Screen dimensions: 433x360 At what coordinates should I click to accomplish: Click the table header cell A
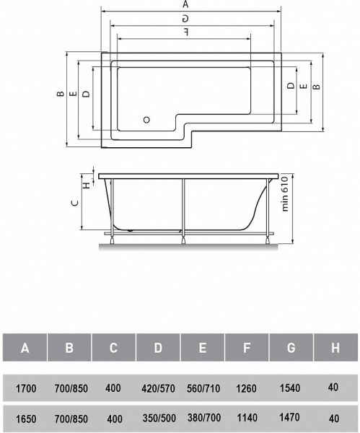pos(25,349)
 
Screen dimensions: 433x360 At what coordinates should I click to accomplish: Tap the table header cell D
pos(158,349)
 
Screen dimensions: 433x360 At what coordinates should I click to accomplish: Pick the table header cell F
pos(247,349)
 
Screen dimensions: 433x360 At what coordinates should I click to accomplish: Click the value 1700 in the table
pos(25,388)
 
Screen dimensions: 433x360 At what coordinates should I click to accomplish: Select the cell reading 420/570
pos(158,388)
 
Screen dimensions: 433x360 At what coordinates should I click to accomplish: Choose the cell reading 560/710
pos(203,388)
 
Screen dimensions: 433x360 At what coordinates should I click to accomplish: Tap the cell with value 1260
pos(247,388)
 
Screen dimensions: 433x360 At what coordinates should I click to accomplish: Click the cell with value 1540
pos(291,388)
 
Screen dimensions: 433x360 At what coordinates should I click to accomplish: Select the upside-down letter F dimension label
pos(186,32)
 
